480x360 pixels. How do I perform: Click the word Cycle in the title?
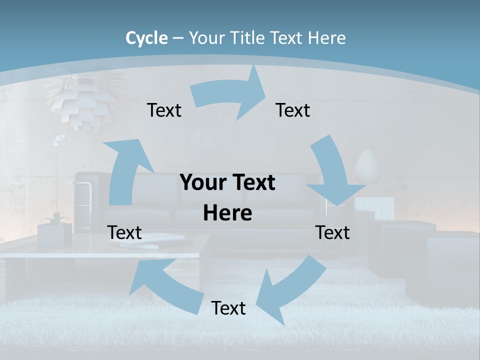146,38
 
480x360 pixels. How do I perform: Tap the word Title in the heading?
248,38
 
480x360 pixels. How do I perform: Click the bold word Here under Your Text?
227,213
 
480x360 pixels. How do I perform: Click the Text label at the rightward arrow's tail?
164,110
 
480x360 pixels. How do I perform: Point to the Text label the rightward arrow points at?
293,110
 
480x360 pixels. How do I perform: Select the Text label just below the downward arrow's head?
332,232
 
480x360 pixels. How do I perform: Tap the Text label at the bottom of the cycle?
228,308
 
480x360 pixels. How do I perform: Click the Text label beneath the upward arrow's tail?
124,232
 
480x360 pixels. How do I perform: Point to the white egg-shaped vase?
367,167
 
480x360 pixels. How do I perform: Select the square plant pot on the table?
54,235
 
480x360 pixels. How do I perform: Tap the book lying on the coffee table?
152,240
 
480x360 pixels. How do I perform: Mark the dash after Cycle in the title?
177,38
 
